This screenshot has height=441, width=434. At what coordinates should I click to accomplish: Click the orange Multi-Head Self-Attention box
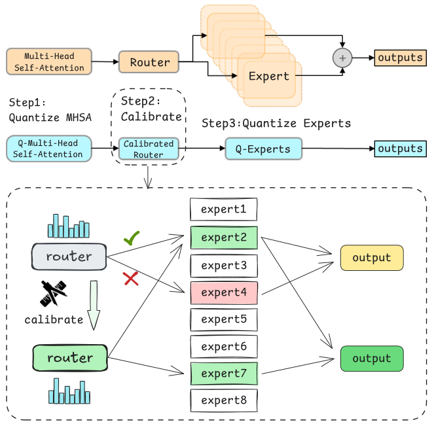pos(49,62)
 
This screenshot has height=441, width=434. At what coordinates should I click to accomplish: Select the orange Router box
pos(149,62)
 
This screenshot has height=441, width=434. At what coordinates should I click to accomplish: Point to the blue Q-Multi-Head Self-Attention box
pos(49,149)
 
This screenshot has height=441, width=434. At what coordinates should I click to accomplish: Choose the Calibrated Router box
pos(149,149)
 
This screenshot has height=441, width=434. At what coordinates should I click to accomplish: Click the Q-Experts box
pos(263,149)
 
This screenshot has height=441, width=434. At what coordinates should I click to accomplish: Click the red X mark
pos(131,279)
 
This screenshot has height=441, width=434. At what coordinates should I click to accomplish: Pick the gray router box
pos(69,256)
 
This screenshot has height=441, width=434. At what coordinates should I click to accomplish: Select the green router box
pos(69,358)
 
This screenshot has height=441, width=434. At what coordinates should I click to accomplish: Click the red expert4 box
pos(224,292)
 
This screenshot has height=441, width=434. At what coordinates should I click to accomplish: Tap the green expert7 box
pos(224,373)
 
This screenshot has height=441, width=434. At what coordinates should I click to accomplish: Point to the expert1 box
pos(224,210)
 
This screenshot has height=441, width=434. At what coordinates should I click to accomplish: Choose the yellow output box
pos(372,258)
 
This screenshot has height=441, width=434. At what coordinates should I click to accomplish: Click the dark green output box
pos(372,359)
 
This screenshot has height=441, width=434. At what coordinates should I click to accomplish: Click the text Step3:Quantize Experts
pos(276,123)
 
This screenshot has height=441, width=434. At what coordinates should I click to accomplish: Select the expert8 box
pos(224,399)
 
